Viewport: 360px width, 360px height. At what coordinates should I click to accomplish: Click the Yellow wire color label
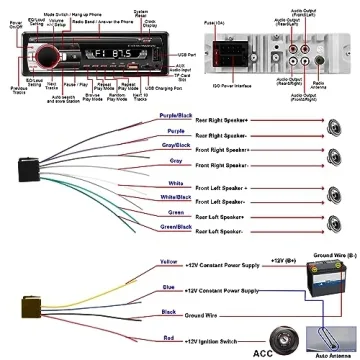(169, 262)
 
